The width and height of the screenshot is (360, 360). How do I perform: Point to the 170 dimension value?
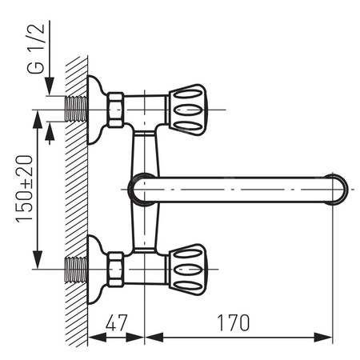pos(232,323)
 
